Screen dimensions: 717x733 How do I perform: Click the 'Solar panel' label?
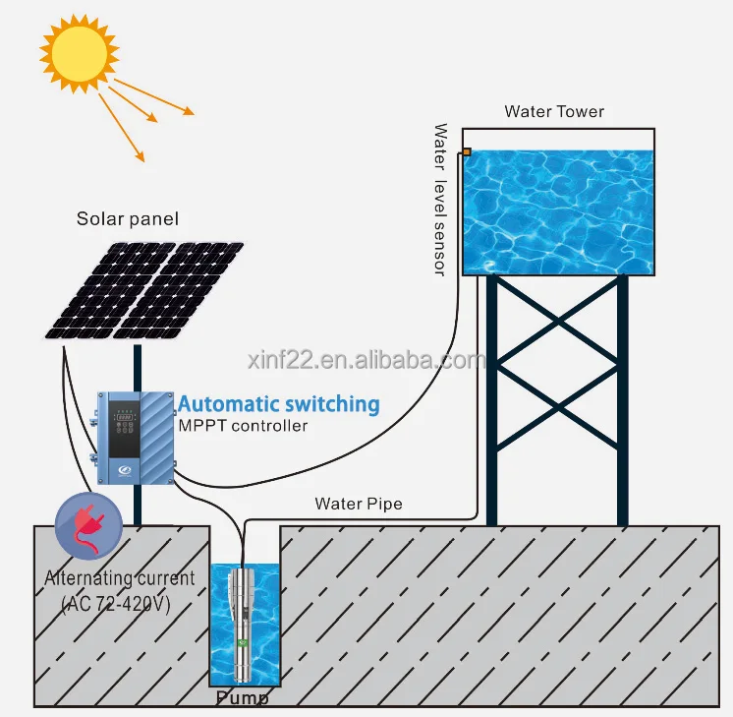tap(128, 219)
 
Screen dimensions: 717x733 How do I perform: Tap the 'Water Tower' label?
tap(554, 111)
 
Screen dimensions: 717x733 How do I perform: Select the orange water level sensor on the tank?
tap(467, 152)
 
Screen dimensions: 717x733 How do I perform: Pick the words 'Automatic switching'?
tap(278, 404)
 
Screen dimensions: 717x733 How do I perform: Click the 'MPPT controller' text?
tap(243, 426)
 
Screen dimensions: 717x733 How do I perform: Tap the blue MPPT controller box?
tap(137, 438)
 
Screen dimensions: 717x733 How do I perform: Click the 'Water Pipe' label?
tap(358, 505)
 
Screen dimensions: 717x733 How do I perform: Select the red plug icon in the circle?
tap(89, 527)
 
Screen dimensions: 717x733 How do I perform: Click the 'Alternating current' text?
tap(119, 578)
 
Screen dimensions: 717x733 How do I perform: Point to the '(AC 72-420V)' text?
tap(116, 603)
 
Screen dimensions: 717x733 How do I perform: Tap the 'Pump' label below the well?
tap(242, 699)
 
